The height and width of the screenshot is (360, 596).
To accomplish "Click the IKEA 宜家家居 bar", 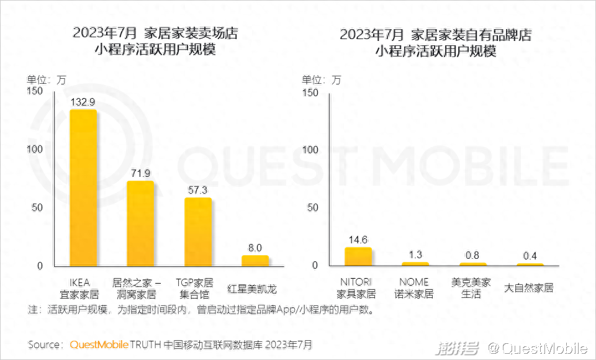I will point(83,187).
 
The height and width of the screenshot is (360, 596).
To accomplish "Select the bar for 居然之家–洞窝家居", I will point(140,223).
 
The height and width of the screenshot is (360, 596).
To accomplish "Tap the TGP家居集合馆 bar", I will point(198,232).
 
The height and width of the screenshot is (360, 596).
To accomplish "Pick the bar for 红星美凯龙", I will point(255,260).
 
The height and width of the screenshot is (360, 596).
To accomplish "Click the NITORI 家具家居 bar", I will point(358,256).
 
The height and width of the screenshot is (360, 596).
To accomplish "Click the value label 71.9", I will point(140,173).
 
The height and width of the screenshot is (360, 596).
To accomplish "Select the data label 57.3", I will point(198,189).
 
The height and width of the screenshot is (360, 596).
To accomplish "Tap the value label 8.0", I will point(255,246).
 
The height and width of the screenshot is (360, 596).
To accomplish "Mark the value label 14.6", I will point(358,239).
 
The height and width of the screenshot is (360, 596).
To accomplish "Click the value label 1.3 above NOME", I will point(415,254).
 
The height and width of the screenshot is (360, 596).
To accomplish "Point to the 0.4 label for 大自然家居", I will point(530,256).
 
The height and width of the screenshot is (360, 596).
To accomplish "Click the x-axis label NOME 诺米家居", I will point(415,288).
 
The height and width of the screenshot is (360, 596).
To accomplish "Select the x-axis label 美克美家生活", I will point(472,288).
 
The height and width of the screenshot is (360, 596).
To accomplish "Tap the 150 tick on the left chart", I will point(35,92).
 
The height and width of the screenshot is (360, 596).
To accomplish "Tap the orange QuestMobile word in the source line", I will point(99,344).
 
